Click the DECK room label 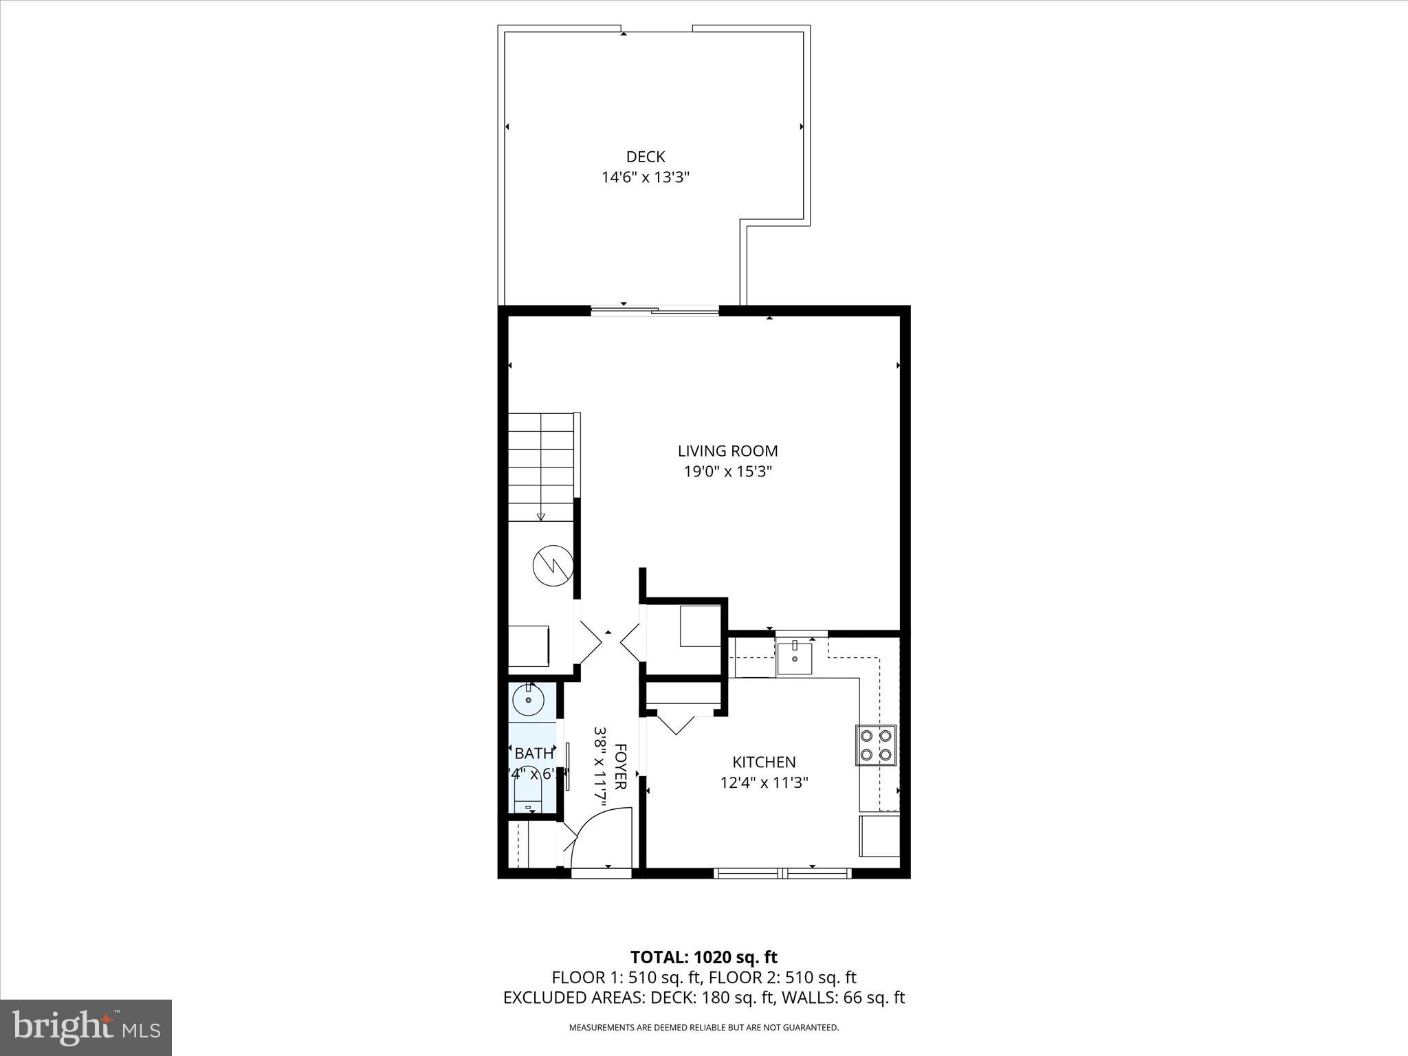[646, 157]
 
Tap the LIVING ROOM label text [727, 451]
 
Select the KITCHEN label [764, 762]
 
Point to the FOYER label [620, 766]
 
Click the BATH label [533, 753]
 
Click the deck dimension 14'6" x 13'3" [646, 177]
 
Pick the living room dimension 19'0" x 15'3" [727, 472]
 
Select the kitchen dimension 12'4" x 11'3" [764, 782]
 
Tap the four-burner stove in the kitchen [876, 745]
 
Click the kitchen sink [795, 659]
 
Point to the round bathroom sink [529, 700]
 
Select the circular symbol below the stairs [553, 565]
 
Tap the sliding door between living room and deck [655, 311]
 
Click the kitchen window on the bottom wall [782, 873]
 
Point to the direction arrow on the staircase [541, 516]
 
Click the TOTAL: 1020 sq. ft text [703, 957]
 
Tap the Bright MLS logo [86, 1027]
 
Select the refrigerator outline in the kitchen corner [879, 836]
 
